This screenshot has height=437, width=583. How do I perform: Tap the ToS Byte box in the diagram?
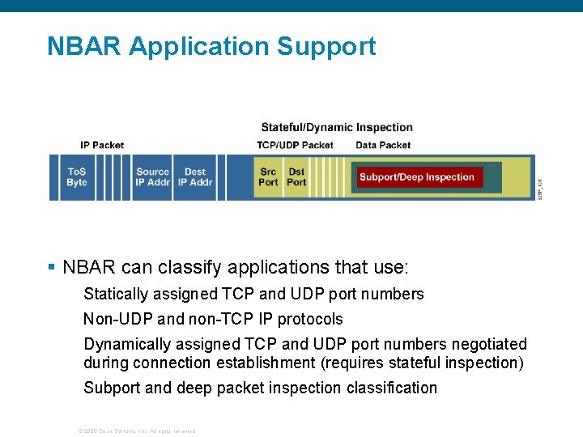tap(77, 176)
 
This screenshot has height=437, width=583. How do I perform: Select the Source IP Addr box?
tap(152, 176)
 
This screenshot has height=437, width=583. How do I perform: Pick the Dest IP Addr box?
tap(195, 176)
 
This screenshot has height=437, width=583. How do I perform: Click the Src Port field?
tap(268, 176)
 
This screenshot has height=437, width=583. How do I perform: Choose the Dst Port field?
tap(297, 176)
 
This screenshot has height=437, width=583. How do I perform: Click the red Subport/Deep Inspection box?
tap(417, 177)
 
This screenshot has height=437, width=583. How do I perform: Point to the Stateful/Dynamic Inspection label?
tap(337, 127)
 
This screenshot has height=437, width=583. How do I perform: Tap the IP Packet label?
tap(102, 145)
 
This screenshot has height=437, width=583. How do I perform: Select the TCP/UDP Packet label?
tap(295, 145)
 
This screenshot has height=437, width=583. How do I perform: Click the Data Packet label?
tap(383, 145)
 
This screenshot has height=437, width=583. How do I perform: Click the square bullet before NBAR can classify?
tap(51, 267)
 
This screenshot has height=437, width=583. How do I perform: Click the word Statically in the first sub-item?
tap(115, 294)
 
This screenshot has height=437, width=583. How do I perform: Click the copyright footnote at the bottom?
tap(136, 431)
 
